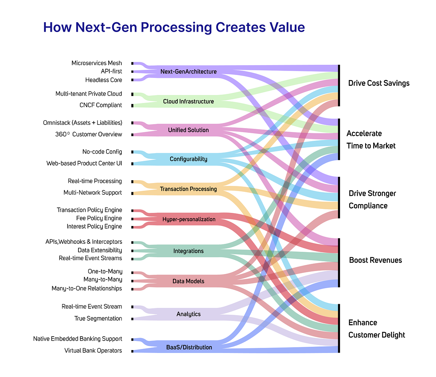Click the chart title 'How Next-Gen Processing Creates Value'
[x=174, y=27]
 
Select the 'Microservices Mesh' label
[x=97, y=63]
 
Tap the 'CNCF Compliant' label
[x=101, y=105]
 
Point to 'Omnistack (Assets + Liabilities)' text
[x=82, y=123]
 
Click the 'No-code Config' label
[x=102, y=152]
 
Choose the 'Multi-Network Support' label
[x=93, y=193]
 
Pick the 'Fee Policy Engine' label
[x=99, y=218]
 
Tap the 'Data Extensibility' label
[x=100, y=250]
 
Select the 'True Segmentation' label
[x=98, y=318]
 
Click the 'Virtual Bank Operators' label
[x=93, y=350]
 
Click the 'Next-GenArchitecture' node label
[x=188, y=72]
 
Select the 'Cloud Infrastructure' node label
[x=188, y=102]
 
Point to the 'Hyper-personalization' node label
[x=189, y=219]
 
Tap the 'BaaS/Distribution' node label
[x=189, y=348]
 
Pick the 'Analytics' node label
[x=188, y=314]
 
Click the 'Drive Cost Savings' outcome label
[x=379, y=83]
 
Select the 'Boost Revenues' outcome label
[x=375, y=260]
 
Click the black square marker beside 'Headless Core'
[x=132, y=80]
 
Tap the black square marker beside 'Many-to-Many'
[x=132, y=281]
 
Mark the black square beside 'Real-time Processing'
[x=132, y=182]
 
